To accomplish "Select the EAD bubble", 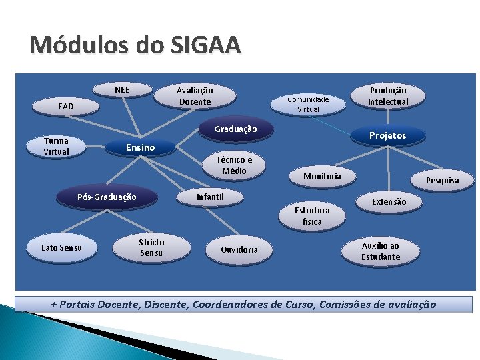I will tap(66, 106).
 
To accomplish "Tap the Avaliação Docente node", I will tap(195, 96).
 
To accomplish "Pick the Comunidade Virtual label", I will tap(308, 104).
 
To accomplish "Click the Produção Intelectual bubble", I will tap(388, 96).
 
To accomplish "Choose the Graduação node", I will tap(235, 129).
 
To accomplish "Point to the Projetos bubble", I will tap(387, 135).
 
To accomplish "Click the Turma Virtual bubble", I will tap(56, 146).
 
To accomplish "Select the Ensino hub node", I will tap(140, 147).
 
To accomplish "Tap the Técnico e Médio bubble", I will tap(234, 165).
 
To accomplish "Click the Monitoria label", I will tap(322, 177).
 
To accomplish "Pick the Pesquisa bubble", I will tap(443, 180).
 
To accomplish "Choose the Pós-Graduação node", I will tap(107, 197).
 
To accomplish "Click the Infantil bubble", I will tap(210, 197).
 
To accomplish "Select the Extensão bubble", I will tap(389, 201).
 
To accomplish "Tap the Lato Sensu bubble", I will tap(62, 248).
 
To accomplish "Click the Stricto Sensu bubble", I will tap(151, 247).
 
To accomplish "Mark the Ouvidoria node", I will tap(239, 249).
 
